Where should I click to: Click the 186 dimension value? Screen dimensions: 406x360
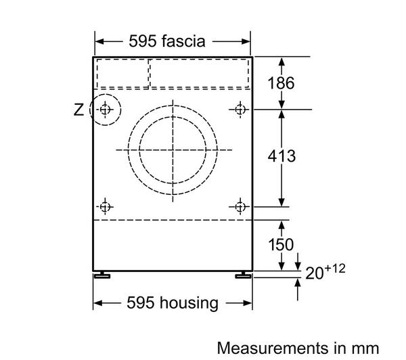pos(281,83)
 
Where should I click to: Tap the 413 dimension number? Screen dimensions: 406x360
pos(281,156)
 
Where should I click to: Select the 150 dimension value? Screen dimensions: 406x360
pos(281,244)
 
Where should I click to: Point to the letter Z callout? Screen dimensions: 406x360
pos(78,110)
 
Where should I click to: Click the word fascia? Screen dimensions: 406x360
pos(183,41)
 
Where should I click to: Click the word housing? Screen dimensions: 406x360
pos(189,303)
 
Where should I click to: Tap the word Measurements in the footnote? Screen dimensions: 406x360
pos(273,348)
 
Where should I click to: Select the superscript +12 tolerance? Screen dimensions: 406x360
pos(335,269)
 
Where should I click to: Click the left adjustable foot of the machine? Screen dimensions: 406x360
pos(102,275)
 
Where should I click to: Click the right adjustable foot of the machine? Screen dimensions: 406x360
pos(243,275)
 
